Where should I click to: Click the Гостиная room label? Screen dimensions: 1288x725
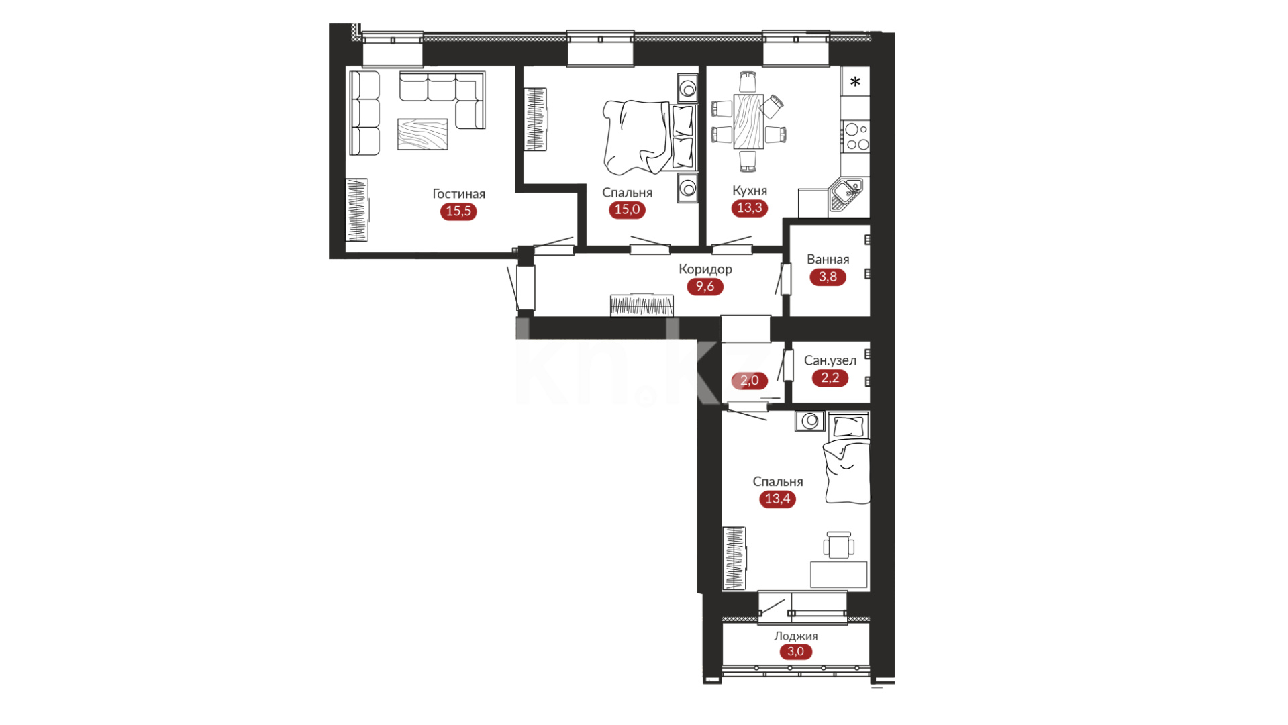coord(458,194)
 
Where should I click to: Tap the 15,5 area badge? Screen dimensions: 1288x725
coord(458,211)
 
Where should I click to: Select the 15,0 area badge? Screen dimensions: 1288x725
coord(627,209)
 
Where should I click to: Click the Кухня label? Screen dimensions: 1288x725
coord(750,191)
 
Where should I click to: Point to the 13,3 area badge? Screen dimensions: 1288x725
coord(749,208)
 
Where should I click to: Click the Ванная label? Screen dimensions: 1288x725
coord(828,260)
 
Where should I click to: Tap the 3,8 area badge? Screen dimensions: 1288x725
coord(828,277)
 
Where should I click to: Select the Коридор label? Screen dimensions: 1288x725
coord(705,269)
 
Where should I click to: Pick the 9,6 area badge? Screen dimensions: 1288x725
coord(705,287)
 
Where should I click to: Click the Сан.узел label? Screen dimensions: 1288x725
coord(830,360)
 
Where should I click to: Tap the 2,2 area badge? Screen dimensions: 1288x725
coord(830,378)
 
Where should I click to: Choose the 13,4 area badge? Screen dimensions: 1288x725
coord(777,499)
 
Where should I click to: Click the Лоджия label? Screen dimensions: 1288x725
coord(795,636)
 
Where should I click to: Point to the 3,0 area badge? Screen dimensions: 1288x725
coord(795,652)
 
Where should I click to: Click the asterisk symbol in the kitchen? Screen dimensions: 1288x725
coord(855,82)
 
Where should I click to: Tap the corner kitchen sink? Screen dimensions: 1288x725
coord(846,194)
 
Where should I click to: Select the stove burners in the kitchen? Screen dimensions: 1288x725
coord(856,136)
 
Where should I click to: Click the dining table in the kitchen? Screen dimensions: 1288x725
coord(748,122)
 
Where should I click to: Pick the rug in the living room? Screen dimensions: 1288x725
coord(422,134)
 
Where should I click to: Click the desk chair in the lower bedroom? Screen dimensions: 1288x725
coord(839,544)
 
